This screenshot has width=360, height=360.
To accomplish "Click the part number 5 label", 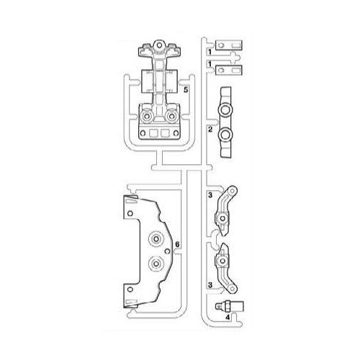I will (x=186, y=90).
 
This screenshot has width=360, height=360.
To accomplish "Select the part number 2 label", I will (x=209, y=129).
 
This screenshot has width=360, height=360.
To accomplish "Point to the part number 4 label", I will (x=227, y=315).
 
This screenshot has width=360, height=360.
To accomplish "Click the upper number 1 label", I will (x=209, y=52).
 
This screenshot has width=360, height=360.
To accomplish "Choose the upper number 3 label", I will (x=209, y=194).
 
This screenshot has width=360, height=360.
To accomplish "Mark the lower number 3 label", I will (x=209, y=285).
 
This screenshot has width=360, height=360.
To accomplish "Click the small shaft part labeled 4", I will (x=232, y=304).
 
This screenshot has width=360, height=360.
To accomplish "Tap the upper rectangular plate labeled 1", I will (x=234, y=53).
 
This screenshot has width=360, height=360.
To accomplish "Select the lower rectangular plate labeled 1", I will (x=235, y=71).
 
